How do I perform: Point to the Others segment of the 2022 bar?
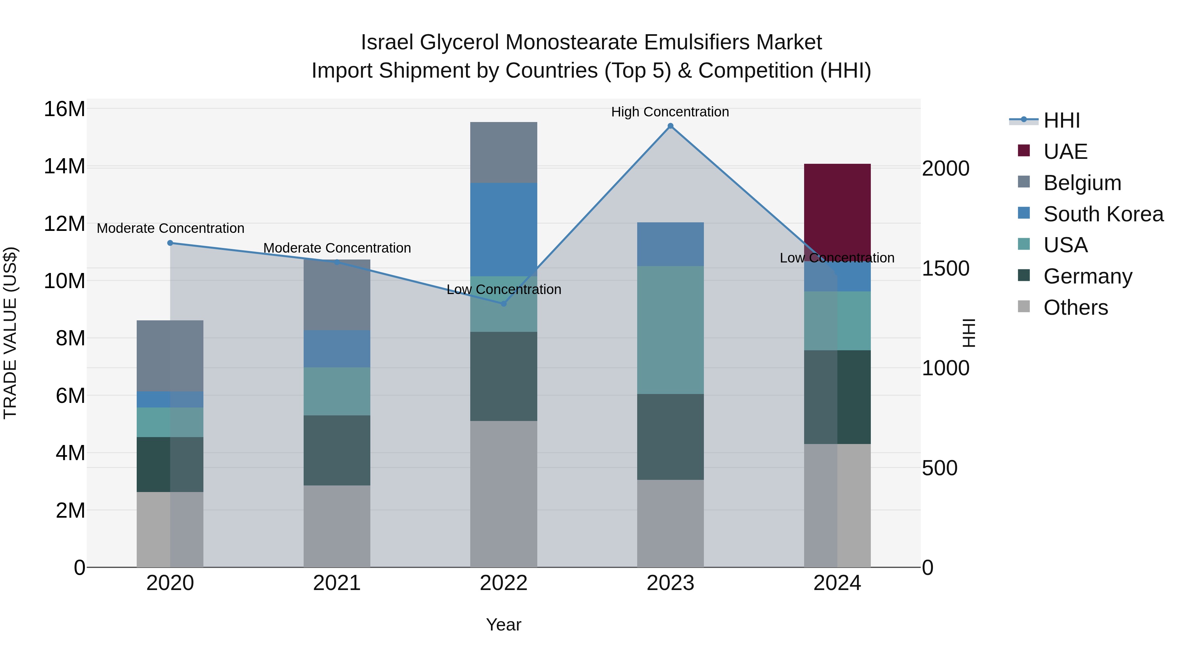[503, 494]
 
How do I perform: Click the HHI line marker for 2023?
[670, 126]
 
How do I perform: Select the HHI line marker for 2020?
[170, 243]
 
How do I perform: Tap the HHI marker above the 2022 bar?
[503, 304]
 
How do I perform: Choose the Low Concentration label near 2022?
[503, 289]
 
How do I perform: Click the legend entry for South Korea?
[1103, 214]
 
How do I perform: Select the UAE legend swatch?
[1024, 151]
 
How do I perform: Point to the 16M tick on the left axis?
[64, 110]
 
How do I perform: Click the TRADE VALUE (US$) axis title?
[10, 333]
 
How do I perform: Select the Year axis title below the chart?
[503, 625]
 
